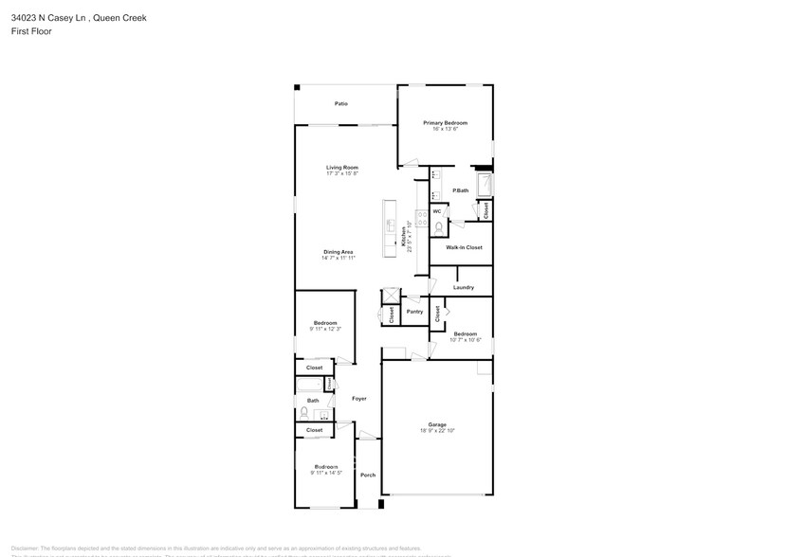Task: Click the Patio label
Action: point(340,103)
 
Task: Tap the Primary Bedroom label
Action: point(445,123)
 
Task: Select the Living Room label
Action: point(342,168)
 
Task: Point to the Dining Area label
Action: point(338,251)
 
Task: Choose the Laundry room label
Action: point(463,287)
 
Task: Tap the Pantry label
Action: point(414,312)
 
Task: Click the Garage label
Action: point(437,424)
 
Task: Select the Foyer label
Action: point(359,398)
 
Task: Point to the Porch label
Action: point(368,475)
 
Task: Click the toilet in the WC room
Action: point(438,226)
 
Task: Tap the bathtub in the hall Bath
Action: point(310,385)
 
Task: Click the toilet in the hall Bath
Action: point(303,412)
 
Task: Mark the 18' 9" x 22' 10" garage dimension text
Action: point(437,431)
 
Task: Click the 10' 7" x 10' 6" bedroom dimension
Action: point(465,339)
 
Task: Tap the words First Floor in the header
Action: point(31,31)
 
